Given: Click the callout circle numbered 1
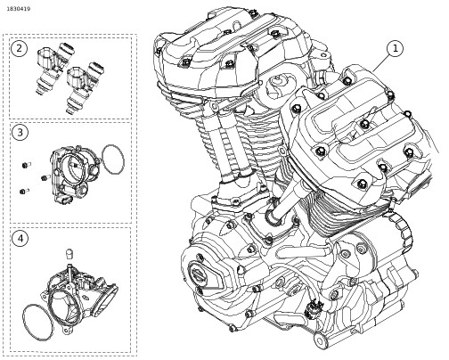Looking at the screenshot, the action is tap(395, 49).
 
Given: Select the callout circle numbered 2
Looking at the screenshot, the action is tap(20, 48).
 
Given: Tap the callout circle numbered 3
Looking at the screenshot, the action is tap(20, 132).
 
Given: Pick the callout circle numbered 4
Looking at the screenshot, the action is tap(20, 239).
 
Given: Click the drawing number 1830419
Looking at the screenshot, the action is tap(19, 9).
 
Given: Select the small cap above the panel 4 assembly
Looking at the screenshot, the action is tap(69, 254).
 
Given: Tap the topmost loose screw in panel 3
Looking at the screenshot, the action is tap(26, 164).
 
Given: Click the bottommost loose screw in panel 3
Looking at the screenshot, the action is tap(24, 191).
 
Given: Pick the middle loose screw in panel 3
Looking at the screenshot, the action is tap(45, 177).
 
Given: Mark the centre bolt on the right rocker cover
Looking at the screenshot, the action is tap(365, 124).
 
